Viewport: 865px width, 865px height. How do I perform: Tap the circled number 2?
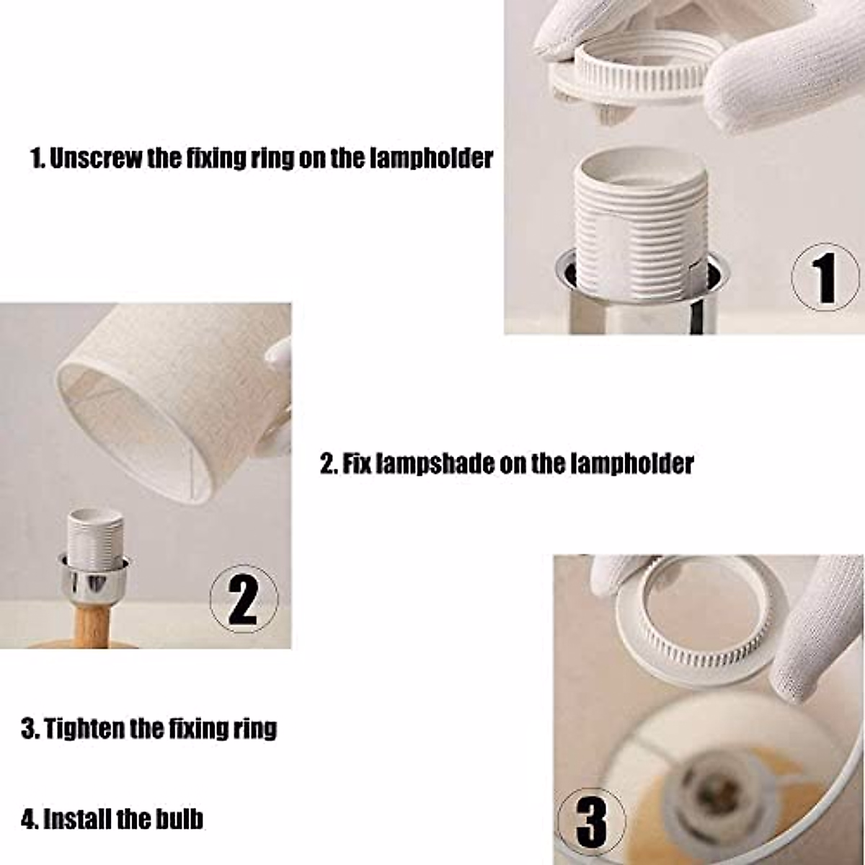[244, 599]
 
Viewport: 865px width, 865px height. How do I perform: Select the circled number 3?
[592, 820]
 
